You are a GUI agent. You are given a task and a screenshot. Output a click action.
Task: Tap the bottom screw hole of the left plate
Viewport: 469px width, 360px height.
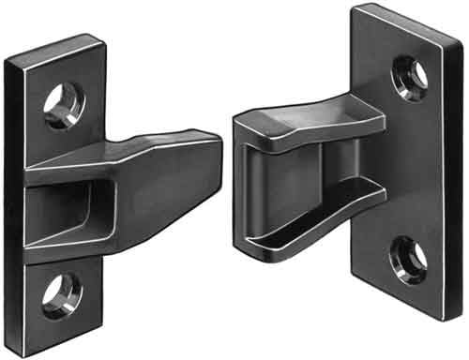pos(62,293)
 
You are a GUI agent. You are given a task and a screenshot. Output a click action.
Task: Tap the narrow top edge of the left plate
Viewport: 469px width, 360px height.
pos(52,47)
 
